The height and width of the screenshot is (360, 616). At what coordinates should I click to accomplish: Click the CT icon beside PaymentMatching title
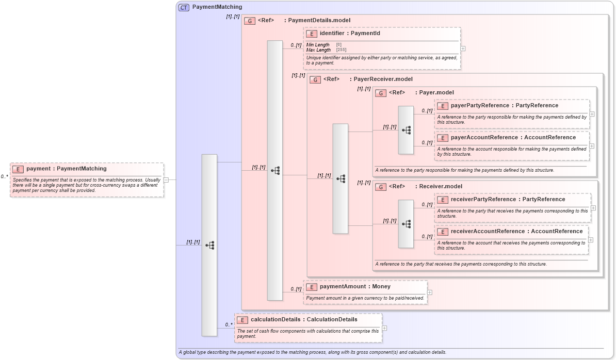click(184, 7)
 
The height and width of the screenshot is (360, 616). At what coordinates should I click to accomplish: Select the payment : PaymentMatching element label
click(66, 169)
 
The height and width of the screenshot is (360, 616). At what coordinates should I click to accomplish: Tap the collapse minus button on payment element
click(166, 180)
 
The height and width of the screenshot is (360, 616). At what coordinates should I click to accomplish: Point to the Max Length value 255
click(341, 50)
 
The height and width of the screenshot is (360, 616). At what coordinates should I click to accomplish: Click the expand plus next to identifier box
click(463, 48)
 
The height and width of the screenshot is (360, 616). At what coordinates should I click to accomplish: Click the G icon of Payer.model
click(381, 93)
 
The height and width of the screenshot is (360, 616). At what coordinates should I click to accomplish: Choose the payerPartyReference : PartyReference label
click(504, 106)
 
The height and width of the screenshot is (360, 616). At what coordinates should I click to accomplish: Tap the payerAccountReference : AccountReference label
click(513, 138)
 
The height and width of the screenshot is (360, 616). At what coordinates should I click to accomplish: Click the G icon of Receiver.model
click(381, 187)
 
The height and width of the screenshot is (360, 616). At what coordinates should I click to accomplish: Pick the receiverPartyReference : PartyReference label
click(508, 200)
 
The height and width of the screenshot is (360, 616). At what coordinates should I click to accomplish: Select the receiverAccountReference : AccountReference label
click(516, 232)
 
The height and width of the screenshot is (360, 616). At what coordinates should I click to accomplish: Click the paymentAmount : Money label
click(355, 287)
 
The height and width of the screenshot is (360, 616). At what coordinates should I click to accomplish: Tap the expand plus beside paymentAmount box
click(430, 292)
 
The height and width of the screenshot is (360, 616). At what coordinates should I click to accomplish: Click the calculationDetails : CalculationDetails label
click(304, 320)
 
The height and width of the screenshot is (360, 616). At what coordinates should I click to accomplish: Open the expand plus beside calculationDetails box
click(384, 328)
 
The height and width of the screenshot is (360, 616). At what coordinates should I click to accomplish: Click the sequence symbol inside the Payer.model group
click(406, 130)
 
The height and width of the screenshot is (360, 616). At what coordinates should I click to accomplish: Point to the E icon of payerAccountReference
click(443, 138)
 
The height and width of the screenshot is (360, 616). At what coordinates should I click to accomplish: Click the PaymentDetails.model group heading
click(319, 21)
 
